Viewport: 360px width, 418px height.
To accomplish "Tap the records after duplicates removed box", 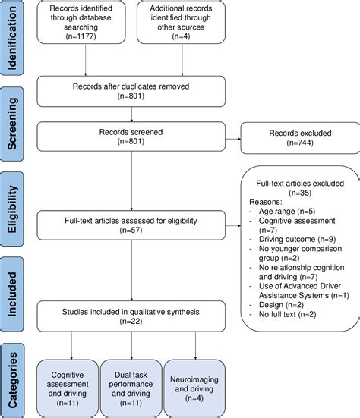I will (x=132, y=91).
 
